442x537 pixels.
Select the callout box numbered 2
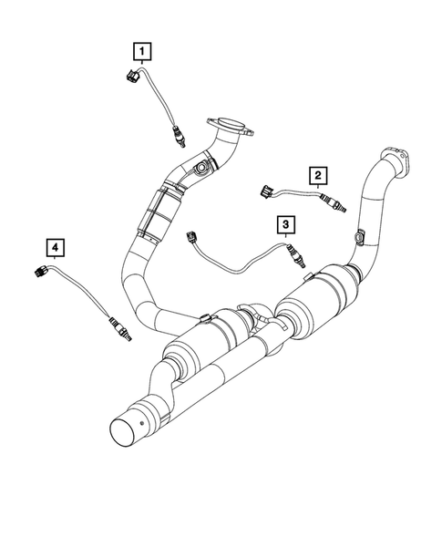click(317, 174)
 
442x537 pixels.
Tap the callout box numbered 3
click(285, 223)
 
